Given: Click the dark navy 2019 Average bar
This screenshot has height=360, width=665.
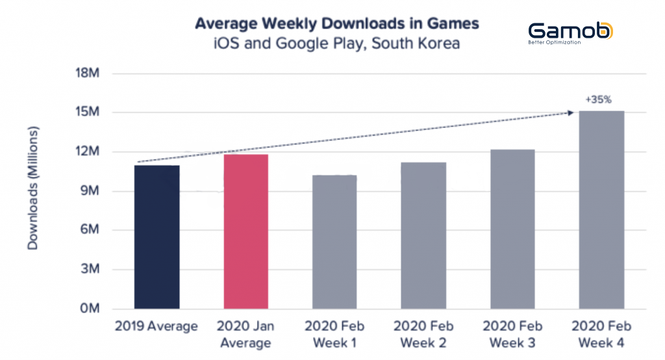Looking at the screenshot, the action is (157, 237).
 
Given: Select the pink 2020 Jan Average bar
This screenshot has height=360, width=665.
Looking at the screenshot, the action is (246, 231).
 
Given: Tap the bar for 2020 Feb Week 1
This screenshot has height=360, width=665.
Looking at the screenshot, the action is (334, 242).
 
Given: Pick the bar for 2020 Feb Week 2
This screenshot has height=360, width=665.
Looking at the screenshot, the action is (423, 236).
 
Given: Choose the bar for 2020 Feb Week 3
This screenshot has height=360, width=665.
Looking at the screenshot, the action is (512, 229).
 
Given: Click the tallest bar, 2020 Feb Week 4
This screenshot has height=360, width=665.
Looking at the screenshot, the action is (601, 210).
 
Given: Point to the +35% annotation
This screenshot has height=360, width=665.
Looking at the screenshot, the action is (598, 100).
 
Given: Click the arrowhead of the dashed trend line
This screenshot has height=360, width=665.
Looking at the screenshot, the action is (571, 112).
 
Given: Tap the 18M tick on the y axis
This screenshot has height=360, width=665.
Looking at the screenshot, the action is (88, 73).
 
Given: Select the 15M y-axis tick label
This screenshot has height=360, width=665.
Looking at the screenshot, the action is (88, 112).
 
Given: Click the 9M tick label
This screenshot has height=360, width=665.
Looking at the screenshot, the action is (90, 190).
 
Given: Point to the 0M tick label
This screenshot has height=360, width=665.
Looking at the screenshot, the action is (90, 308).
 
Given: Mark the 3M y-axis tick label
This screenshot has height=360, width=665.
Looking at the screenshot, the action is (90, 269).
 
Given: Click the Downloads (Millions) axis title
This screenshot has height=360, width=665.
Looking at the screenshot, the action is (32, 188).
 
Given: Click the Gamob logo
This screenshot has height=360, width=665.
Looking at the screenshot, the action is (570, 33).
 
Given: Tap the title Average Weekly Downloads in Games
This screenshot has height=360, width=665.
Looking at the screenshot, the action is (337, 24).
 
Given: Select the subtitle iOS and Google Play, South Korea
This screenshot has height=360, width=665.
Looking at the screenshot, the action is (337, 44).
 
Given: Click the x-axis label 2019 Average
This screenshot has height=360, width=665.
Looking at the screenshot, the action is (157, 326).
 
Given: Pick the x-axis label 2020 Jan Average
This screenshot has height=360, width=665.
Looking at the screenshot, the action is (245, 335).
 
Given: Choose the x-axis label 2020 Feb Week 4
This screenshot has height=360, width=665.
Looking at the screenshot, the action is (601, 335).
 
